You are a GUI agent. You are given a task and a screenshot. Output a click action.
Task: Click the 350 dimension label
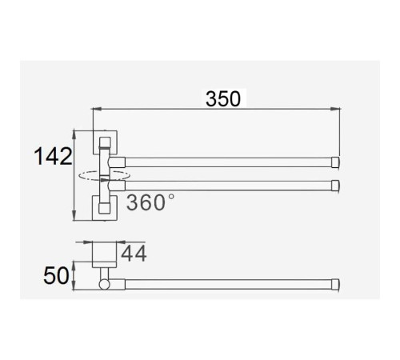click(223, 99)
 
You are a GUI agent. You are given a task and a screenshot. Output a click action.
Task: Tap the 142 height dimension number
click(53, 157)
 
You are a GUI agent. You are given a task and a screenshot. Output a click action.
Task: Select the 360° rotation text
click(150, 202)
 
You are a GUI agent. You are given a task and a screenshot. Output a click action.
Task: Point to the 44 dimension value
click(134, 254)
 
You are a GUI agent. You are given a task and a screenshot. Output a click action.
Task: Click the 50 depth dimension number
click(56, 275)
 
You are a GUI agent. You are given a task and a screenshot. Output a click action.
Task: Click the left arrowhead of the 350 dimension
click(97, 109)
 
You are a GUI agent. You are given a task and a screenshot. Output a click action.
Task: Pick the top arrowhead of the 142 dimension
click(74, 135)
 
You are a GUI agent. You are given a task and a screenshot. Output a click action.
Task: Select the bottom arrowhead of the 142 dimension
click(74, 215)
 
